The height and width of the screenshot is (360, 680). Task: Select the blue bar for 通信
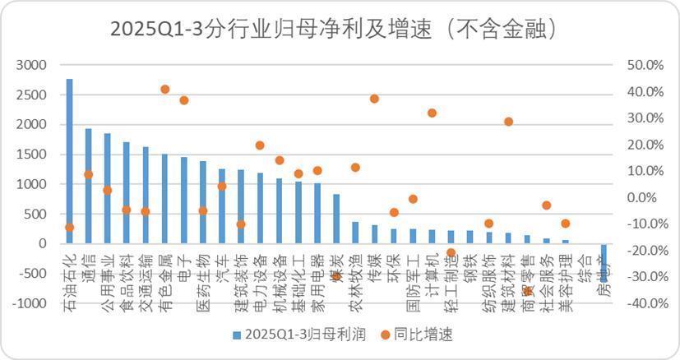pyautogui.click(x=88, y=186)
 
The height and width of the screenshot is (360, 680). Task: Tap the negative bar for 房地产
pyautogui.click(x=604, y=262)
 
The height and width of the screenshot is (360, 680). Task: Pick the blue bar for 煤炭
pyautogui.click(x=336, y=219)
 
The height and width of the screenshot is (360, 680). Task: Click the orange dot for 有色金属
pyautogui.click(x=164, y=89)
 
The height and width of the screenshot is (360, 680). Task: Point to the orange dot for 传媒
pyautogui.click(x=374, y=99)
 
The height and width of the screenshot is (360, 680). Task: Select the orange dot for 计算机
pyautogui.click(x=433, y=113)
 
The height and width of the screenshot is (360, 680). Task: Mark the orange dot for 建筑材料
pyautogui.click(x=508, y=122)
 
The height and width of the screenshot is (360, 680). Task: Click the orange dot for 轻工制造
pyautogui.click(x=451, y=253)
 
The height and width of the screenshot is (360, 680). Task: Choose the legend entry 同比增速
pyautogui.click(x=423, y=335)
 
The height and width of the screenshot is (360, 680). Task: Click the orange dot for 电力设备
pyautogui.click(x=260, y=145)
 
